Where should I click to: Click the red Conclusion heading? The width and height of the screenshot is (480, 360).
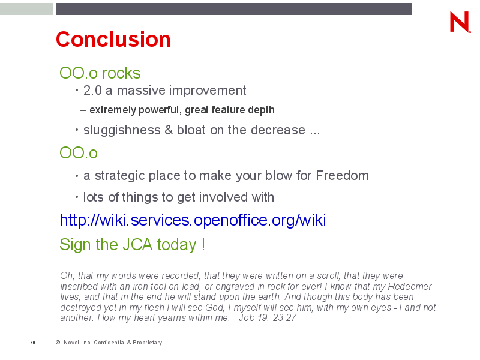113,40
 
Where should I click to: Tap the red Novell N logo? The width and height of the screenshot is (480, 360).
460,22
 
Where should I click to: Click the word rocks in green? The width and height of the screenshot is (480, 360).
121,73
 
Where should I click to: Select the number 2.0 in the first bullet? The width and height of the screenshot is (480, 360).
92,91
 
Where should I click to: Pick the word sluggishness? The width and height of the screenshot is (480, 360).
122,130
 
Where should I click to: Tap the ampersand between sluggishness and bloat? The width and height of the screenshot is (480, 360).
169,130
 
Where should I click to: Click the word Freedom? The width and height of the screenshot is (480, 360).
342,175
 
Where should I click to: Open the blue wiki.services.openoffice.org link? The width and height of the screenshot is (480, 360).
193,220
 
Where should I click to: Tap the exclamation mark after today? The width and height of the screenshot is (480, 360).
203,245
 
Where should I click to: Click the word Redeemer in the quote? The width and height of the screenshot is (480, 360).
410,286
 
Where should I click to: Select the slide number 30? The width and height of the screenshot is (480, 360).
33,343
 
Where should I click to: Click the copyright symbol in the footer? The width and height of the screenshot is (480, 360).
58,342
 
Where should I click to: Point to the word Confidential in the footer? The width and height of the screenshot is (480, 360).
110,342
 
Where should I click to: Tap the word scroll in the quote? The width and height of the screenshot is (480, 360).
328,275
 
